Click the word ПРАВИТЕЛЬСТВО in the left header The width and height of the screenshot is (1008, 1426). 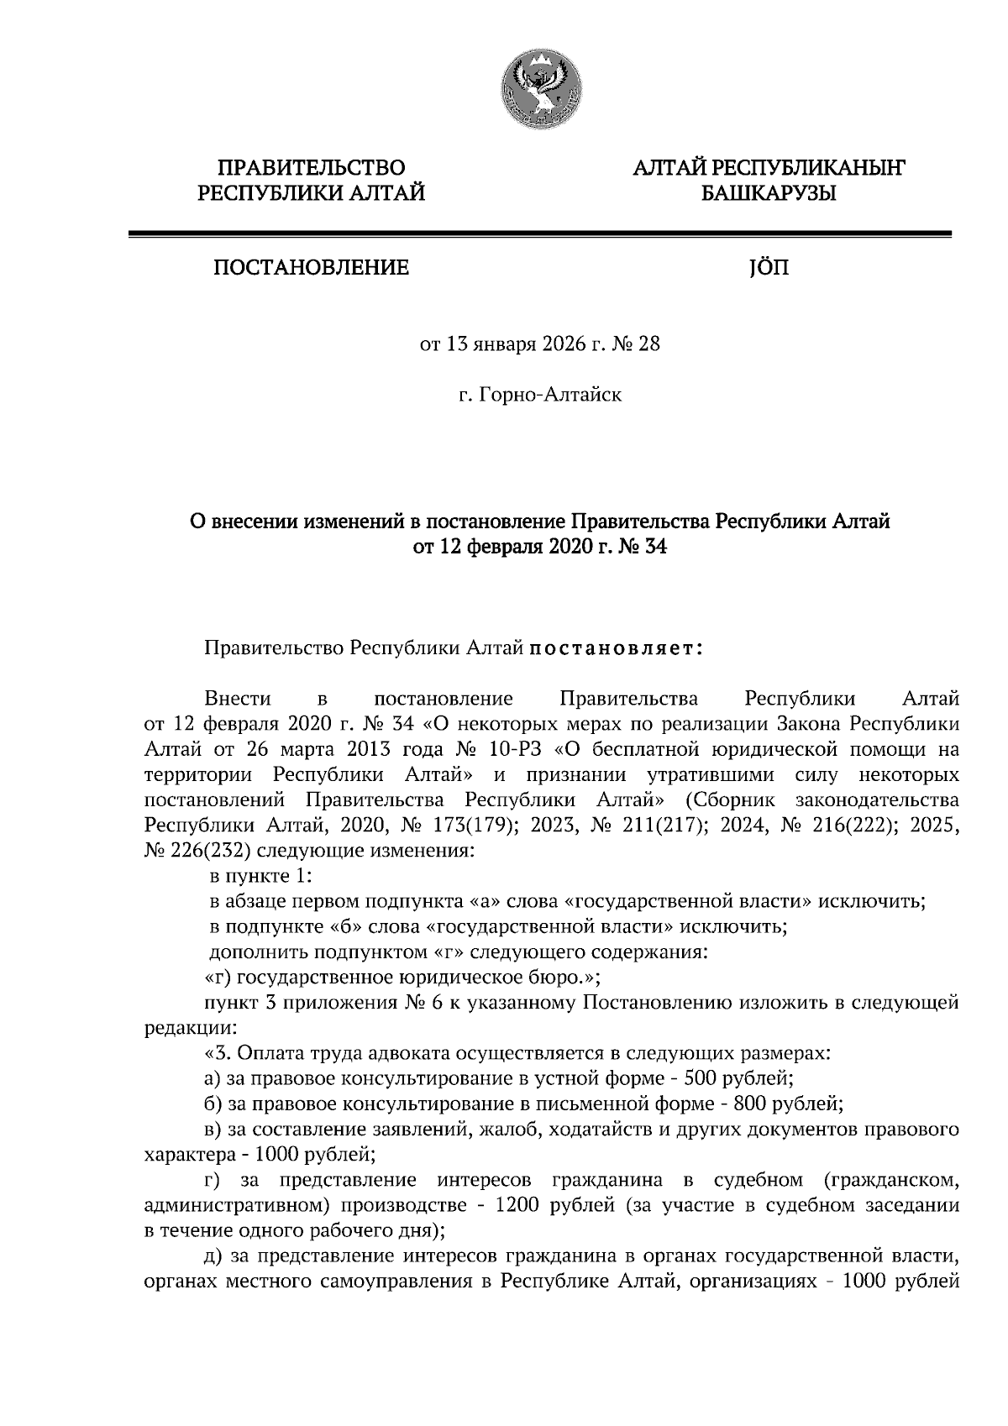(312, 168)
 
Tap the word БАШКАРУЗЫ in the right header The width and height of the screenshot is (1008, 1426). (769, 194)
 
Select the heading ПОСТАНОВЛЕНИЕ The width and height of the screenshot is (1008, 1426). (312, 268)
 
